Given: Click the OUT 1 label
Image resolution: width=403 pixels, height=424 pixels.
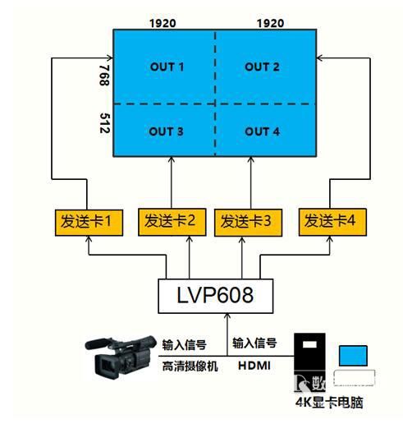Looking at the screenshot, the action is pyautogui.click(x=167, y=67).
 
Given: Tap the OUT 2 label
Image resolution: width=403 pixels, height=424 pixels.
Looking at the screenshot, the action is pyautogui.click(x=262, y=67).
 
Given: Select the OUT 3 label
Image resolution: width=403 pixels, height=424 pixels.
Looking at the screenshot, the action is pyautogui.click(x=166, y=131).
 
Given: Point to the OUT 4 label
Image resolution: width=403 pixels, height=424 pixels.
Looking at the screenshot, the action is pyautogui.click(x=262, y=131).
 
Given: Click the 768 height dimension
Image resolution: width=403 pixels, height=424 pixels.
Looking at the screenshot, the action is pyautogui.click(x=104, y=76).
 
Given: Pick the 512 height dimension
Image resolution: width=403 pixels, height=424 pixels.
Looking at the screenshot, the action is pyautogui.click(x=105, y=123).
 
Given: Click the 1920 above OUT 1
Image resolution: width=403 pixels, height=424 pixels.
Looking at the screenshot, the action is pyautogui.click(x=163, y=23).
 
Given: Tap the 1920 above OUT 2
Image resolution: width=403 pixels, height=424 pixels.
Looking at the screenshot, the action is pyautogui.click(x=270, y=23).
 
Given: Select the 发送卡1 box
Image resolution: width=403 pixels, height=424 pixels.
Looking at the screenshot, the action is pyautogui.click(x=89, y=223).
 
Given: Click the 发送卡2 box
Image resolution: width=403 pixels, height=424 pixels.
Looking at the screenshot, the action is pyautogui.click(x=172, y=222).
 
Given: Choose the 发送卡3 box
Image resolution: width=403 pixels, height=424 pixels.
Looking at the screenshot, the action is pyautogui.click(x=248, y=223).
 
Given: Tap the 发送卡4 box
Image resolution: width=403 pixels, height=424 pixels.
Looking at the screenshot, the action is pyautogui.click(x=332, y=222).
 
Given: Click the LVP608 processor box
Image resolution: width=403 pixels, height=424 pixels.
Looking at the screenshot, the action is pyautogui.click(x=216, y=296).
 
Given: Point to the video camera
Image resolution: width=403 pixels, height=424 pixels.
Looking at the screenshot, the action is pyautogui.click(x=121, y=357).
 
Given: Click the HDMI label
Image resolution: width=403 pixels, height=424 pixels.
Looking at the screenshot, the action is pyautogui.click(x=254, y=366).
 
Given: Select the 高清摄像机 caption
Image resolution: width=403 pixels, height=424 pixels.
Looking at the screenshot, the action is pyautogui.click(x=190, y=366).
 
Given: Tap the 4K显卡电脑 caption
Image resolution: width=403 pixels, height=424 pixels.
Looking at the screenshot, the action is pyautogui.click(x=329, y=403).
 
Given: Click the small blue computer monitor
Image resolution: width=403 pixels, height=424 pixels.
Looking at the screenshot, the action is pyautogui.click(x=353, y=356).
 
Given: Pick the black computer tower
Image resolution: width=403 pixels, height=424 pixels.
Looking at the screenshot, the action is pyautogui.click(x=309, y=362).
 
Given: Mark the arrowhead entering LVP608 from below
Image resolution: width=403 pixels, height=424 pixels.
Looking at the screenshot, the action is pyautogui.click(x=227, y=316).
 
